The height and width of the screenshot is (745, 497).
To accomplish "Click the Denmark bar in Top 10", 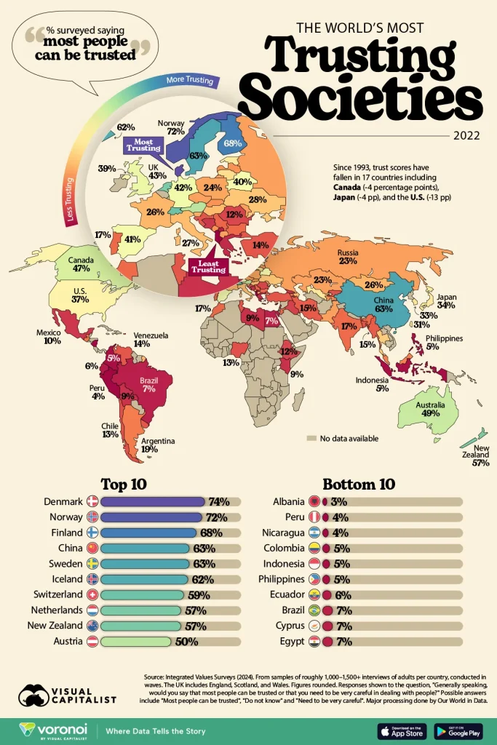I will pos(153,501).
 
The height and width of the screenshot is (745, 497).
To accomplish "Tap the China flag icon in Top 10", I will pos(92,548).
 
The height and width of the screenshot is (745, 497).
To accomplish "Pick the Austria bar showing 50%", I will pos(136,642).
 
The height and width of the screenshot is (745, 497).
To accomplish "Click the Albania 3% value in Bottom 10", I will pos(338,501).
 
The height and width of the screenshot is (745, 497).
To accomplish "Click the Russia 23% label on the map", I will pos(346,256).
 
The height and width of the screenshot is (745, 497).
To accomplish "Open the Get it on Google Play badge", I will pos(458,730).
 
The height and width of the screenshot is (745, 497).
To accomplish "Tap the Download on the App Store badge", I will pos(402,730).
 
